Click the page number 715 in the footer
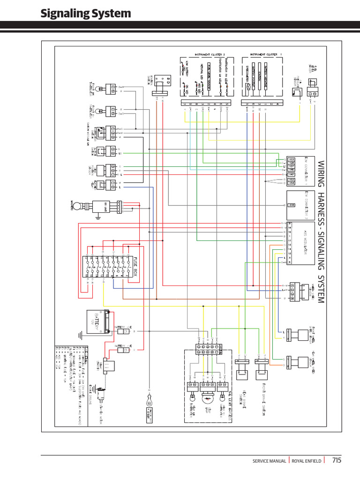337,460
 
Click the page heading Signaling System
86,14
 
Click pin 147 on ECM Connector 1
291,174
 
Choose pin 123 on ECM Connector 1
291,159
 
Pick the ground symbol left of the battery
80,334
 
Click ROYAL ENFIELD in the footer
307,461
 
